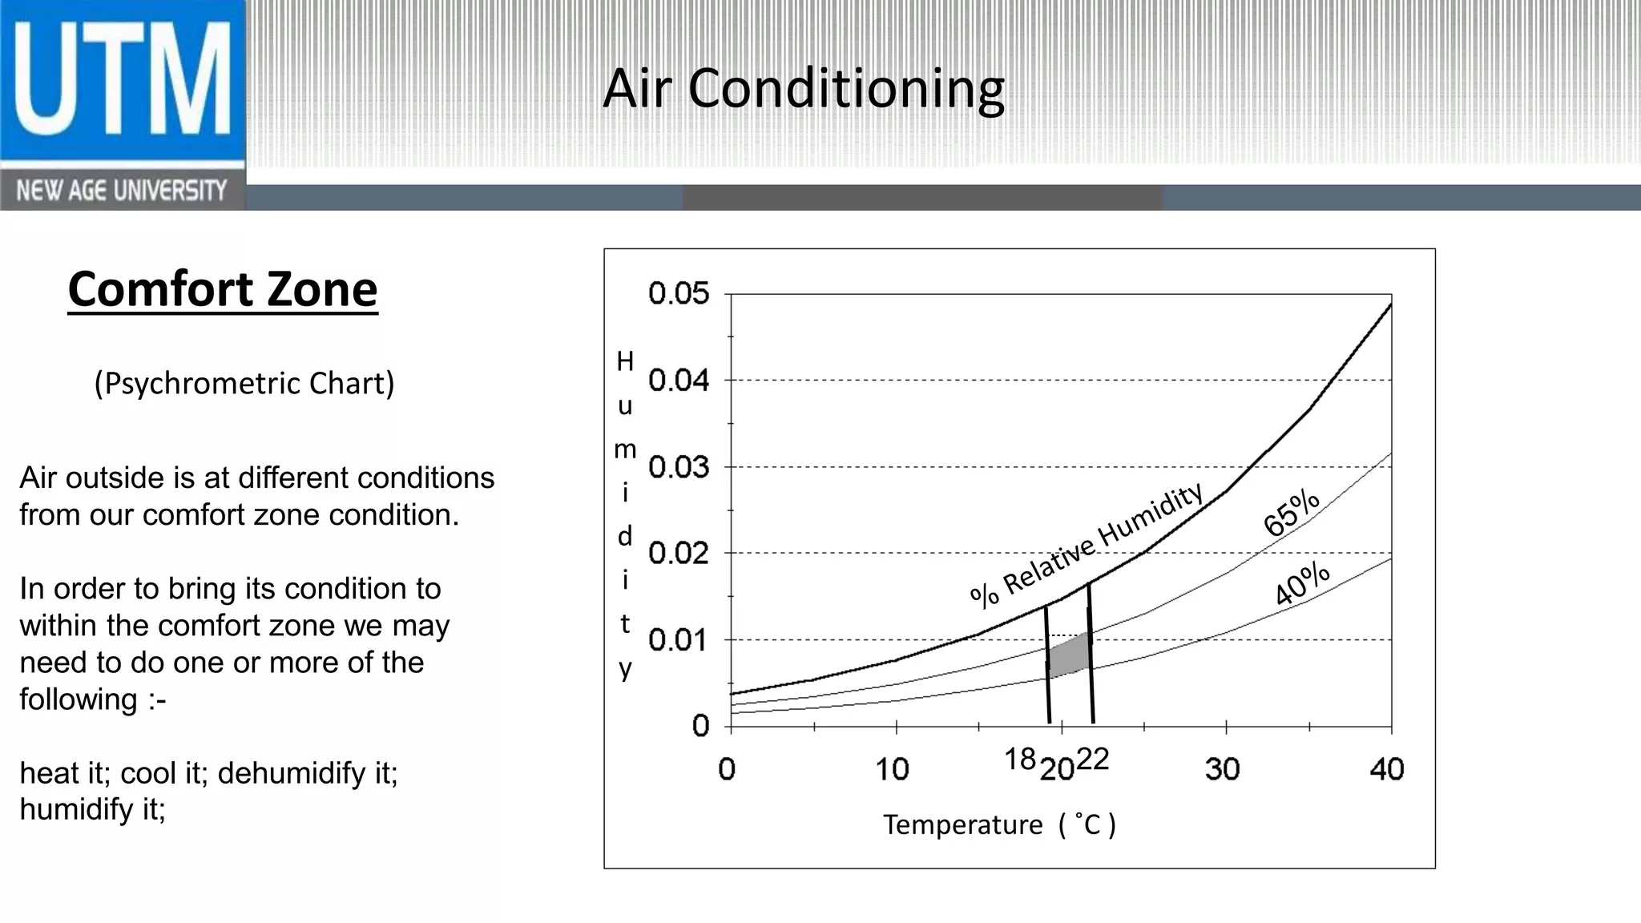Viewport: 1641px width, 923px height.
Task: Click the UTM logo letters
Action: (122, 80)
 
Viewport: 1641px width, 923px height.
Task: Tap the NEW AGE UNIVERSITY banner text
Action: (122, 191)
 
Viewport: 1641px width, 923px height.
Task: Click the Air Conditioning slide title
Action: (804, 88)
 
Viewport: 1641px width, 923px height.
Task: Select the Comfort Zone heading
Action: (223, 289)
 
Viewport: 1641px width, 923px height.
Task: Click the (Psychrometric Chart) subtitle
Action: (244, 383)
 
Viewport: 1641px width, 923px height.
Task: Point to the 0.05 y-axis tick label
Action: (679, 294)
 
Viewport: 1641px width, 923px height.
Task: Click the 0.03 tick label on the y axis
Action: (679, 467)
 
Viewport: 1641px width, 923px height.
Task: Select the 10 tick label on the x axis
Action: (892, 770)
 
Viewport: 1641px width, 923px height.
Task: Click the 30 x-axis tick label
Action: (1223, 770)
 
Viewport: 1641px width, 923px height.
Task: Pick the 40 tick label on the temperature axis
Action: (1387, 770)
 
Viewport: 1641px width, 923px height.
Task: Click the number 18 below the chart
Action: (1020, 759)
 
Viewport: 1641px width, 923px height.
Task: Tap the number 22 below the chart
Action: (1092, 759)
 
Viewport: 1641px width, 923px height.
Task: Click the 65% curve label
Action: (1291, 512)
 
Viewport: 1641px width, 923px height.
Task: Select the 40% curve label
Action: (1302, 583)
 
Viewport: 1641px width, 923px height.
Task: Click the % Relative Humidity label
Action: (1087, 544)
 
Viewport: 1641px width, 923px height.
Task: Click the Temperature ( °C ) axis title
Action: (999, 824)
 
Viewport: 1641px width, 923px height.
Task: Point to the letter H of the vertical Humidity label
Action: (625, 362)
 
